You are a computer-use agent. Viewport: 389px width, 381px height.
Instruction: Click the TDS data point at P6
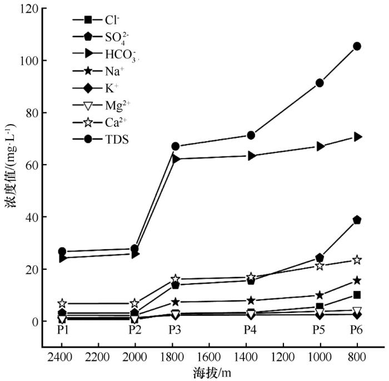pos(357,46)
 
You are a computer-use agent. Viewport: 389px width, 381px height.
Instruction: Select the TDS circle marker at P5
pos(320,83)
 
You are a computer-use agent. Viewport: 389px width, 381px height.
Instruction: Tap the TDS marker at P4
pos(251,135)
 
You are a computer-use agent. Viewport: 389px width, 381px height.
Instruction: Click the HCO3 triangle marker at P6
pos(357,137)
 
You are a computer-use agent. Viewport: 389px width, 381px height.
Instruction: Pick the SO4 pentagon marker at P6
pos(357,220)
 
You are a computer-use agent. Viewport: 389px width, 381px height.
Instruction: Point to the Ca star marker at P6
pos(357,260)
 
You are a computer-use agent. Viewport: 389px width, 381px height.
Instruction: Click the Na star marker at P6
pos(357,281)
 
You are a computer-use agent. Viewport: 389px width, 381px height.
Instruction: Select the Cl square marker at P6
pos(357,295)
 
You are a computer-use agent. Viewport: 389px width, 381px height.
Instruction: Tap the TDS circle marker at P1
pos(62,251)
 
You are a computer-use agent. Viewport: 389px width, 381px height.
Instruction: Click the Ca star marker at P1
pos(62,304)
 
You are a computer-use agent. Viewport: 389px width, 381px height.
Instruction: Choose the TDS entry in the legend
pos(117,140)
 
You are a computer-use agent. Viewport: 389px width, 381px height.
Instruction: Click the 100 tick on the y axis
pos(32,60)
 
